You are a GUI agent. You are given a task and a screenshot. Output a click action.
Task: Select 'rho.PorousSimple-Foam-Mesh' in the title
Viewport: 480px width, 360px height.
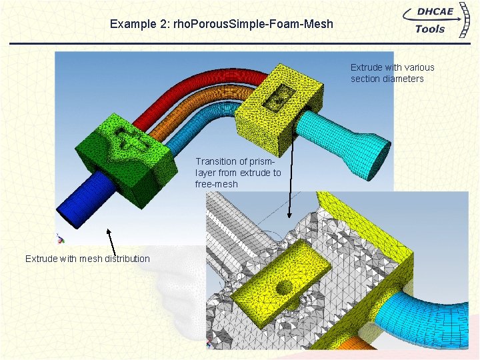pyautogui.click(x=253, y=25)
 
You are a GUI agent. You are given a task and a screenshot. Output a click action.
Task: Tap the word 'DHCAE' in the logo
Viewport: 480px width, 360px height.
pyautogui.click(x=434, y=13)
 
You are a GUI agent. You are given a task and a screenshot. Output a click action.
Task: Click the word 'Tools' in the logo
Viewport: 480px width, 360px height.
pyautogui.click(x=430, y=29)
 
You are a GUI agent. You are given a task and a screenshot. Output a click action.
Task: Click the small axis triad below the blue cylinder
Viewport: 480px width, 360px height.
pyautogui.click(x=60, y=238)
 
